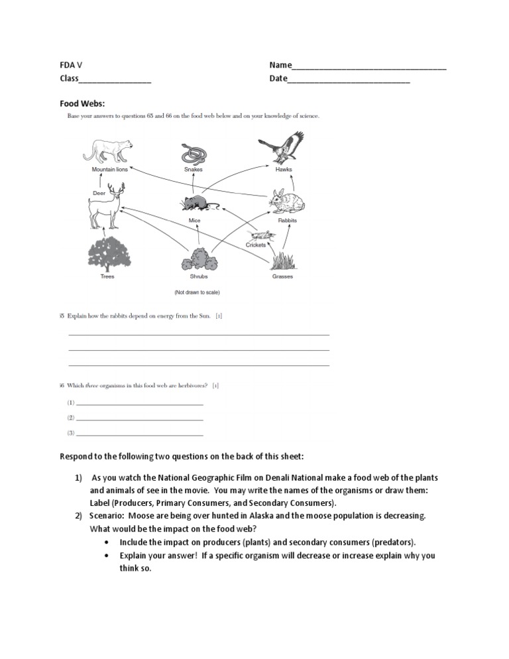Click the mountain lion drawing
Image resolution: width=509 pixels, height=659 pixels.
(x=111, y=151)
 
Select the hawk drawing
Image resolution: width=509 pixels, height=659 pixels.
(x=282, y=148)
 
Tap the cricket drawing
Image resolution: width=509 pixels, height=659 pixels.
(x=260, y=235)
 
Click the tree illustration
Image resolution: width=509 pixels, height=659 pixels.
(x=107, y=253)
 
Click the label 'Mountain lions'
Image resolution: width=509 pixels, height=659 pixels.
(x=109, y=170)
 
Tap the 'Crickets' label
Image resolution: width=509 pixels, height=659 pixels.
(x=255, y=245)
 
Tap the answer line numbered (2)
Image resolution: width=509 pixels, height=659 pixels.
(x=139, y=418)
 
